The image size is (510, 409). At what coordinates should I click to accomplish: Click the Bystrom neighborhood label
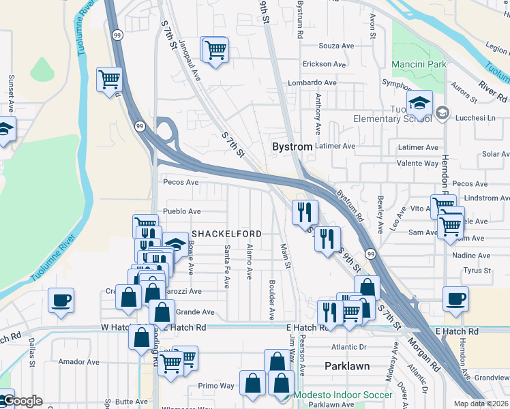pos(292,147)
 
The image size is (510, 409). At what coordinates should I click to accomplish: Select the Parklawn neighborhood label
pos(346,366)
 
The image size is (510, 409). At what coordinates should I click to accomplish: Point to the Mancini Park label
pos(419,64)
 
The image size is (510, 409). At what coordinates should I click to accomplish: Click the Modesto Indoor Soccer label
pos(343,395)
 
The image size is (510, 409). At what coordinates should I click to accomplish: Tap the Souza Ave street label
pos(337,46)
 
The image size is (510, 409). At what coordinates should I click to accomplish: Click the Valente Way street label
pos(418,164)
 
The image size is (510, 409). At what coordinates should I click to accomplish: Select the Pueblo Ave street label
pos(182,211)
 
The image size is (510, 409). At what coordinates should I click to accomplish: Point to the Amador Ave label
pos(75,361)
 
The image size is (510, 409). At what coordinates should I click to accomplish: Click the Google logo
pos(21,402)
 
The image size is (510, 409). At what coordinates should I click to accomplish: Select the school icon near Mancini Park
pos(419,104)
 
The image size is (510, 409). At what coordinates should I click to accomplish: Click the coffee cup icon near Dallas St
pos(61,300)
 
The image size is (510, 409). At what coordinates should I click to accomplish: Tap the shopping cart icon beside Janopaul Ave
pos(215,49)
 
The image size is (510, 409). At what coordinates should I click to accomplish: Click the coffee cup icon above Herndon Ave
pos(455,299)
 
